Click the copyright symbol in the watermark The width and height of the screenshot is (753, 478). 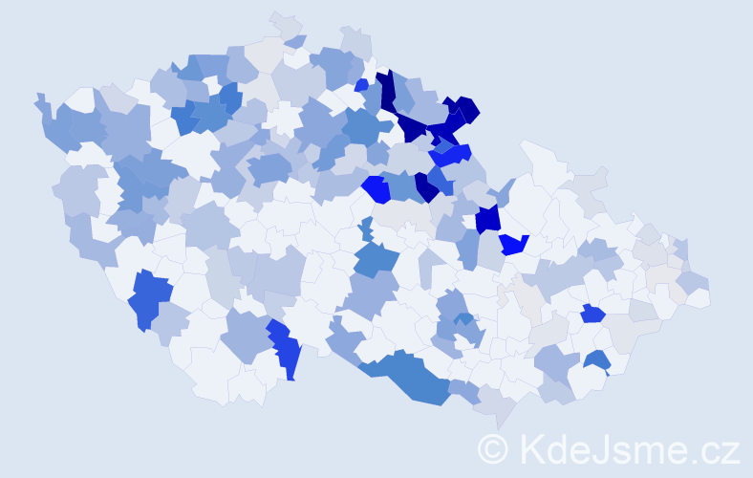point(493,448)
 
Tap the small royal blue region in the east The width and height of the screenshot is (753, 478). point(592,314)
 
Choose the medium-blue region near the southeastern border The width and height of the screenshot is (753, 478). point(597,360)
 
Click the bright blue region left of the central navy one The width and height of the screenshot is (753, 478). point(376,188)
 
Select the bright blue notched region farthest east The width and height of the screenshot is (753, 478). point(515,245)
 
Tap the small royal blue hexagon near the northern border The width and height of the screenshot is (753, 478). point(361,85)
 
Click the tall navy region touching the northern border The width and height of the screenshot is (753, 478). point(387,91)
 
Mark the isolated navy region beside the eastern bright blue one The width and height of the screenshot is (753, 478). point(487,219)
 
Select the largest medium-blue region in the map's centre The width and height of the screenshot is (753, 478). point(376,259)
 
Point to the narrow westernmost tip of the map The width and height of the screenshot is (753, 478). point(39,98)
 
